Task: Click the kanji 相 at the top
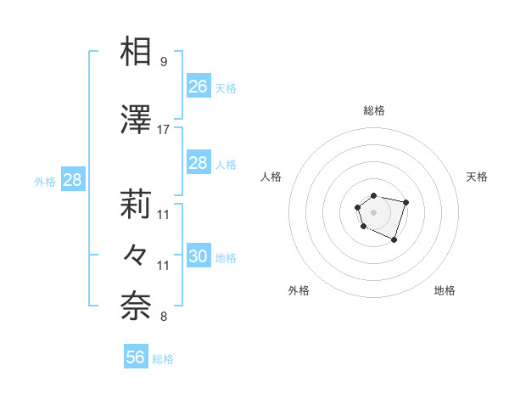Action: pos(137,52)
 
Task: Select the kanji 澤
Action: pos(137,121)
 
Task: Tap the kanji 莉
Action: pos(137,205)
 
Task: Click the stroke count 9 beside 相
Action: pos(163,61)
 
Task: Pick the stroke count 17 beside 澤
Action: pos(164,130)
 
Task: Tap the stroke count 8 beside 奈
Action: pos(163,318)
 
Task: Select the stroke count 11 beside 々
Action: pos(164,266)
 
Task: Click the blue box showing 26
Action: pos(198,87)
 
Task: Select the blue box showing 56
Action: pos(135,357)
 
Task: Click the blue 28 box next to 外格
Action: pos(72,180)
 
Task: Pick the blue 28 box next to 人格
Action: pos(198,163)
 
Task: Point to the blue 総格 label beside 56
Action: pos(163,359)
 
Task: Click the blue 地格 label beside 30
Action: pos(226,258)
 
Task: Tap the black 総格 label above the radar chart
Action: pos(374,110)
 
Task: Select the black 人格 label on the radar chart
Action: pos(271,177)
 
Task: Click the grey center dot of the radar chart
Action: pos(374,211)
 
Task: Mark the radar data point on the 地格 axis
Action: pos(394,240)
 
